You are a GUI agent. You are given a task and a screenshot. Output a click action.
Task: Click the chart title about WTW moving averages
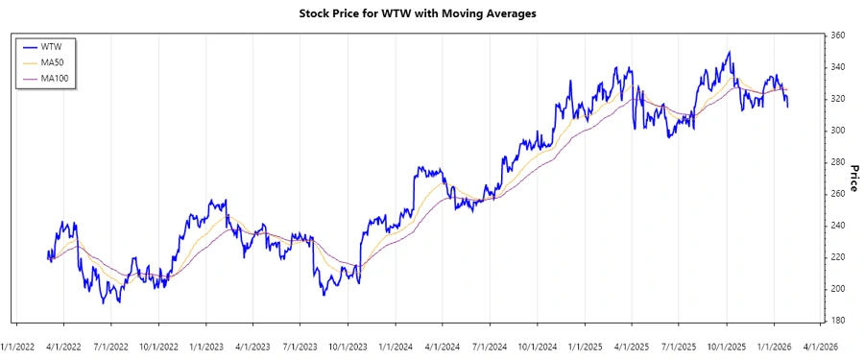[432, 13]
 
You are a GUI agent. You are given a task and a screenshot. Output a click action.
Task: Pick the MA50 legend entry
[53, 61]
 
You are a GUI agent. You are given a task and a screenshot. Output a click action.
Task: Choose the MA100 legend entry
[55, 77]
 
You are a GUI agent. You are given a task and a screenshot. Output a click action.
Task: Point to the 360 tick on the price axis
[837, 36]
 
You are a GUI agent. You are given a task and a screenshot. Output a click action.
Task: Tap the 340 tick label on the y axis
[837, 67]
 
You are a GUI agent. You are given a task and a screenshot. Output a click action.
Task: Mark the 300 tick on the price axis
[837, 131]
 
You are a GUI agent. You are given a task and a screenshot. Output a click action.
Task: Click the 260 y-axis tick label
[837, 194]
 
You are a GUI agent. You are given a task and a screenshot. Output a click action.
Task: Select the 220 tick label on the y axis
[837, 257]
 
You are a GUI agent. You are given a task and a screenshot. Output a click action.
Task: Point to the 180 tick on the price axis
[837, 321]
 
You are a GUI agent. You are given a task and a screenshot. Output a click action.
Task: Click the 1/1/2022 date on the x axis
[19, 346]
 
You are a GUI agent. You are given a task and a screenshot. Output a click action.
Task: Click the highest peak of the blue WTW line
[730, 52]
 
